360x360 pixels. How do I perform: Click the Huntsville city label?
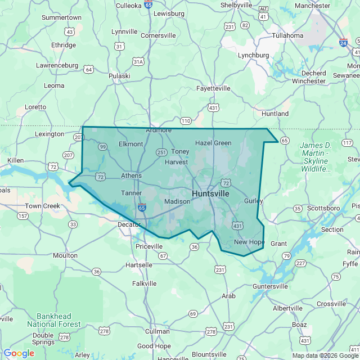(x=210, y=193)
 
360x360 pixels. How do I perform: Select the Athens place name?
(x=131, y=175)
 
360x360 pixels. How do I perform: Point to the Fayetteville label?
(x=213, y=88)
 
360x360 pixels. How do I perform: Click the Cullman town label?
(x=157, y=331)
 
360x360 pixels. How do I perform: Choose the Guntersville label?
(x=270, y=286)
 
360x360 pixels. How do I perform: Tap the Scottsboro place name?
(x=324, y=208)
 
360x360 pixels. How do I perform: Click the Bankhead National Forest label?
(x=53, y=320)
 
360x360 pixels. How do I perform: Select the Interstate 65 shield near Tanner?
(x=142, y=208)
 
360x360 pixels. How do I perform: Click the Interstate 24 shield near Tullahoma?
(x=343, y=42)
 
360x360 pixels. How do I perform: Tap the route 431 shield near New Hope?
(x=237, y=226)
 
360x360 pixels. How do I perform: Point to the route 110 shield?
(x=186, y=121)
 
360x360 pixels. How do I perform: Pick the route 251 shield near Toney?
(x=161, y=152)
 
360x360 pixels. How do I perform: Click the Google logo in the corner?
(x=19, y=353)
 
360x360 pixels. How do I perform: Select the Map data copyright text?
(x=325, y=355)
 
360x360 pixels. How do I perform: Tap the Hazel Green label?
(x=213, y=143)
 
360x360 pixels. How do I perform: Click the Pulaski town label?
(x=119, y=76)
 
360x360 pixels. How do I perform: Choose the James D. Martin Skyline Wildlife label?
(x=315, y=157)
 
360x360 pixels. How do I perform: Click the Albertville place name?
(x=287, y=308)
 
